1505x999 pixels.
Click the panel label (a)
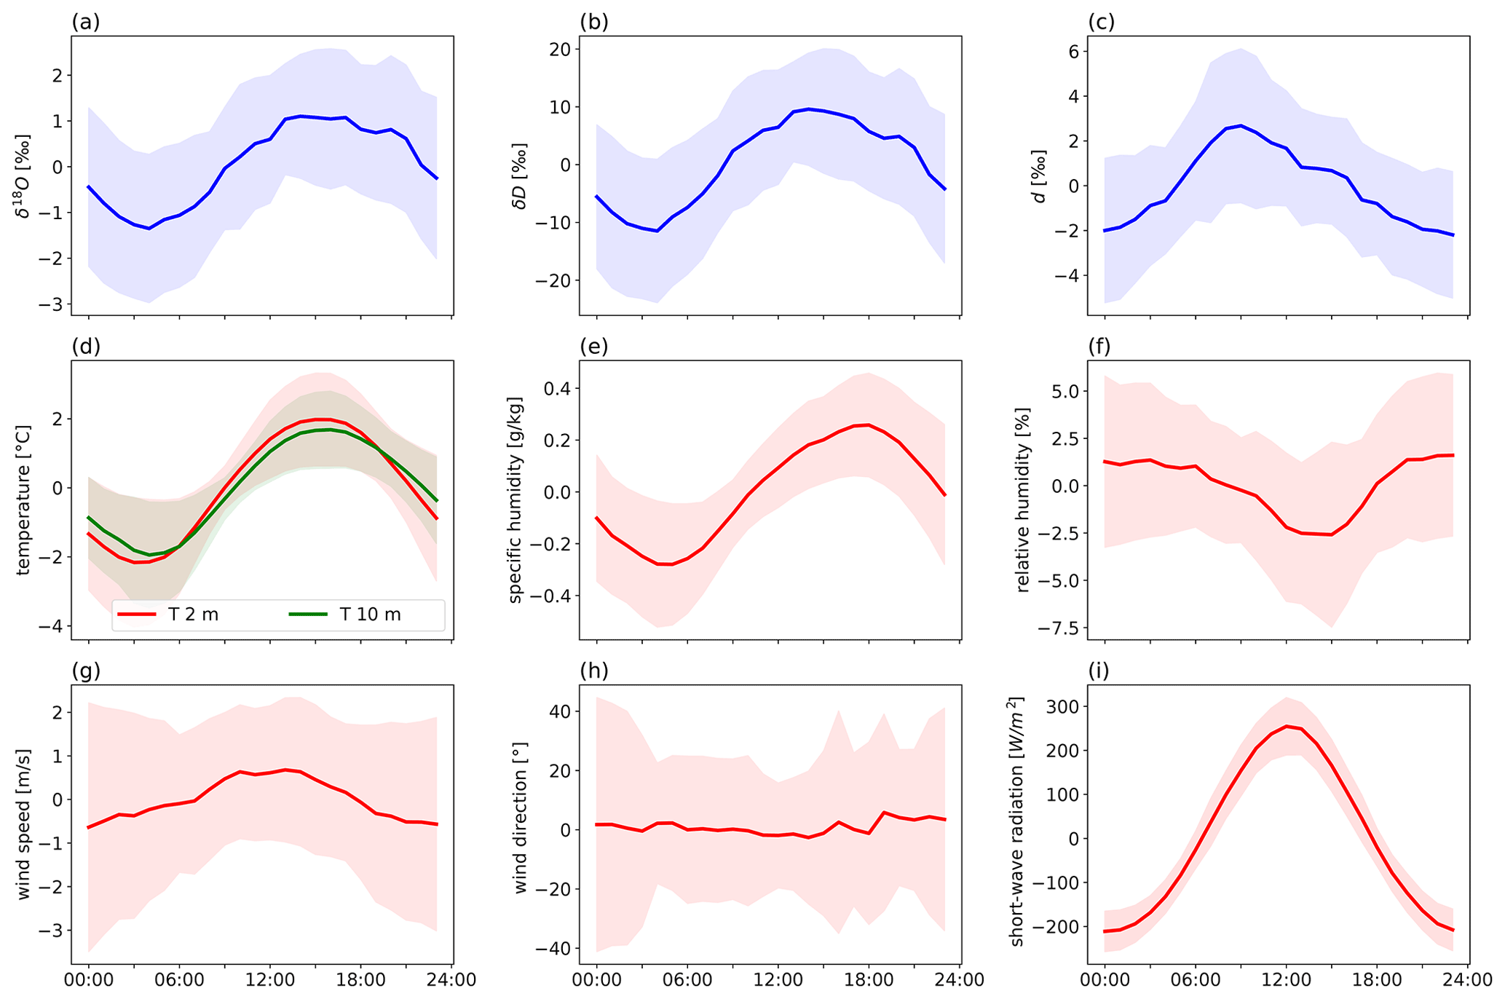[85, 23]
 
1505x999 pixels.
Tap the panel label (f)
[1099, 347]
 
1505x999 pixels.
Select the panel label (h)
[593, 671]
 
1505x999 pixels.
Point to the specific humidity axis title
[516, 500]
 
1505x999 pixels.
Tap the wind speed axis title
[24, 825]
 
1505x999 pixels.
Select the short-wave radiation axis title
[1016, 822]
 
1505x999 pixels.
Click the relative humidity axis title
[1023, 500]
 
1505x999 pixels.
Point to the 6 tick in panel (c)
[1073, 51]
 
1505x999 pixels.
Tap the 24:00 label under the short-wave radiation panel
[1467, 979]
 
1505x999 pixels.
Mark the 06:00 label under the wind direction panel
[687, 979]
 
